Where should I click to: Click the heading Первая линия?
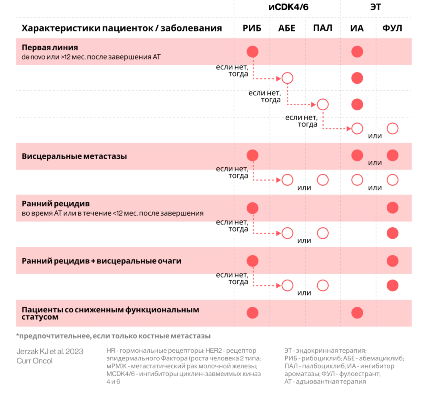[x=50, y=48]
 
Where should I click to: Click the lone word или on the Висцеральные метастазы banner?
[x=375, y=163]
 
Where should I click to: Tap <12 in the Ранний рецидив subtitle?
[x=118, y=213]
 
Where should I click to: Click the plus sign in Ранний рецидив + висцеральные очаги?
[x=93, y=261]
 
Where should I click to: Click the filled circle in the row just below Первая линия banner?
[x=357, y=78]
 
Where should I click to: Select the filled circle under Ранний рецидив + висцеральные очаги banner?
[x=392, y=285]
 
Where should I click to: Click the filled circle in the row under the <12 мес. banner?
[x=392, y=233]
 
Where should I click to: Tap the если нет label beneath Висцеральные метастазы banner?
[x=231, y=169]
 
